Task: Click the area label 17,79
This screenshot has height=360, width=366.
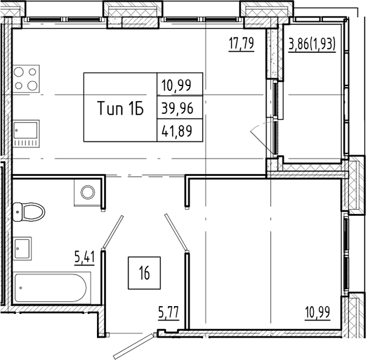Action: tap(240, 44)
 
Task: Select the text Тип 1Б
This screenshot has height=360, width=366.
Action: tap(119, 108)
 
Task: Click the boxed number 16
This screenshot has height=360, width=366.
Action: tap(143, 272)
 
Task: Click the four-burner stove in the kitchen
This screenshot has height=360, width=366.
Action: tap(27, 78)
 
